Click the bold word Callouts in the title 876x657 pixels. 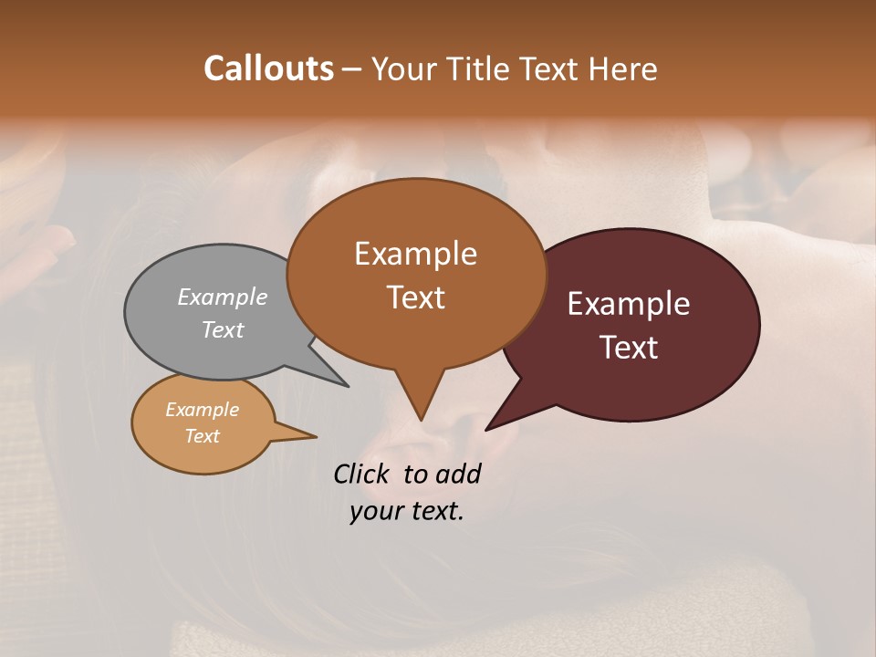tap(268, 68)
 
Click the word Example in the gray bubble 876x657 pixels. tap(223, 297)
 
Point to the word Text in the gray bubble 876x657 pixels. tap(223, 329)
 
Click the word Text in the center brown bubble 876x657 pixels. tap(416, 297)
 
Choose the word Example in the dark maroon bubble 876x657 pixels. tap(629, 304)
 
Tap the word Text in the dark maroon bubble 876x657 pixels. tap(629, 348)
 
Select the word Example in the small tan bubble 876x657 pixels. tap(202, 410)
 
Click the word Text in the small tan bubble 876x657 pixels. tap(202, 436)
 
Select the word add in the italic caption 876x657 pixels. tap(459, 474)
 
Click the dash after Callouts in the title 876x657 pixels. tap(352, 69)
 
